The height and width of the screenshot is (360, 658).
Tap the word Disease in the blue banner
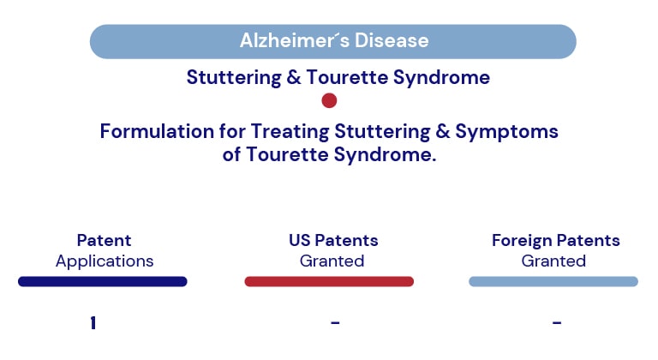click(x=392, y=41)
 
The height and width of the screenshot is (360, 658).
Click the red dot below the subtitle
click(x=329, y=100)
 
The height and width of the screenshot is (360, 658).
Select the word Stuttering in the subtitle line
click(x=234, y=78)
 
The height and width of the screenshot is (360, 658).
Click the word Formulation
click(x=157, y=131)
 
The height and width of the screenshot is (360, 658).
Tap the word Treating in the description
click(x=290, y=132)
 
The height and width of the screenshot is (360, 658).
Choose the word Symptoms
click(x=506, y=132)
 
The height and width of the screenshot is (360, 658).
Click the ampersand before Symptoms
click(x=443, y=131)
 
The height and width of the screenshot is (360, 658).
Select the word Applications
click(x=105, y=261)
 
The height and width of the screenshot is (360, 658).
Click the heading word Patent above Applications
click(x=104, y=240)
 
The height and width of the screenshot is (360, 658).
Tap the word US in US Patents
click(x=300, y=240)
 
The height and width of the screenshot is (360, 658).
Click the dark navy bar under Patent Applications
click(x=103, y=281)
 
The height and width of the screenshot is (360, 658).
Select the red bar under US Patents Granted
click(x=329, y=281)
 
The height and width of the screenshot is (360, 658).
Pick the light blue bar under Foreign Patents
click(x=553, y=281)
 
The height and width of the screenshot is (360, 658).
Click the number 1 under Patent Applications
click(x=93, y=323)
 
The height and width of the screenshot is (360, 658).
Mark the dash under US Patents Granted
click(x=335, y=322)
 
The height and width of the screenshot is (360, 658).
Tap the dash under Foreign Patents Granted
click(x=557, y=322)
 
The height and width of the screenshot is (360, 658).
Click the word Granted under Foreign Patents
click(x=553, y=261)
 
